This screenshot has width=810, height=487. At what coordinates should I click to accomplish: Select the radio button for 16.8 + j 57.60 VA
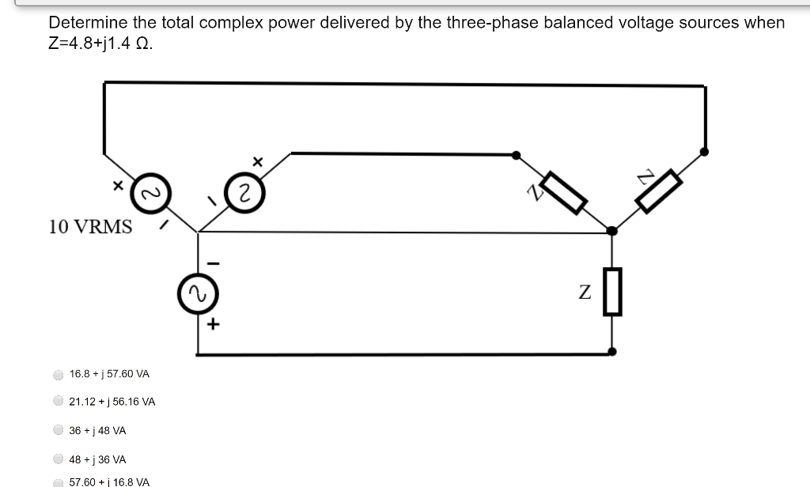tap(58, 374)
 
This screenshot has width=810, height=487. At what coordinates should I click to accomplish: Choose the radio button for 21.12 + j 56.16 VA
tap(58, 402)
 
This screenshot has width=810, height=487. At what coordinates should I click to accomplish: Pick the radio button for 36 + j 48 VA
tap(58, 431)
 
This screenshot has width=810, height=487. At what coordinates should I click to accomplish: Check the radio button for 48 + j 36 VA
tap(58, 459)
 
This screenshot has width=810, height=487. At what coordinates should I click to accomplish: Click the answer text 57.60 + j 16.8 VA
tap(109, 481)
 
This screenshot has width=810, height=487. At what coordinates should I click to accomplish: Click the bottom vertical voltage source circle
tap(197, 295)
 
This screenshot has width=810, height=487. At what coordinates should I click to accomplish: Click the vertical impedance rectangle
tap(612, 292)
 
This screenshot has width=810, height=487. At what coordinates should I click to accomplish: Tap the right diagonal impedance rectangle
tap(659, 191)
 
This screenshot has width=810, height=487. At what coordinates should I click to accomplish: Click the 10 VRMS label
tap(90, 227)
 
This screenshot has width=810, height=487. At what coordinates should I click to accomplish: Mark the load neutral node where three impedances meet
tap(611, 231)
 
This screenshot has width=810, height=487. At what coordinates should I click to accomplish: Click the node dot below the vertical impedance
tap(611, 351)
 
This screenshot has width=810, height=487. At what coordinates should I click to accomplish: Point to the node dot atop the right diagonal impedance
tap(704, 151)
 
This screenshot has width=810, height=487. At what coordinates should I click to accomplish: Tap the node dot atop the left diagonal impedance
tap(516, 155)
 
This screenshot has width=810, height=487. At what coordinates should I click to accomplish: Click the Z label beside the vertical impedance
tap(584, 293)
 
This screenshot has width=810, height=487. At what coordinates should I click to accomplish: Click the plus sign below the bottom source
tap(213, 324)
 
